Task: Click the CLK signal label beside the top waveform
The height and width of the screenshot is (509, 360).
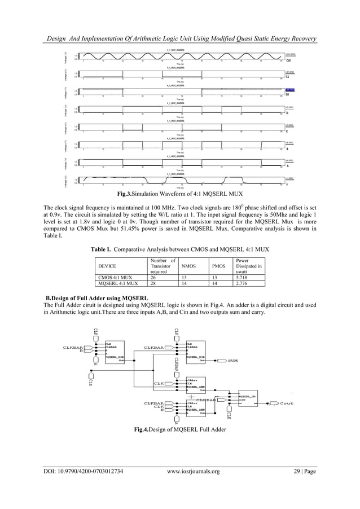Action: [x=288, y=60]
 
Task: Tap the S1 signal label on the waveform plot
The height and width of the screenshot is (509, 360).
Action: [x=288, y=77]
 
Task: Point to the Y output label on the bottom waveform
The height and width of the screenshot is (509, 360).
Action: [x=287, y=185]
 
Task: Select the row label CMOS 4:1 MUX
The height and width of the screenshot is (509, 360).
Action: [x=115, y=278]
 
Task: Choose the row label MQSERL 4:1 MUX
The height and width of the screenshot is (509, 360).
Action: [x=117, y=284]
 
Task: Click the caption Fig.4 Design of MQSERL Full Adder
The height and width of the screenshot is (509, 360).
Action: [x=180, y=431]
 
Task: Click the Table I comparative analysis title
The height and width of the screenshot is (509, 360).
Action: [x=179, y=248]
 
